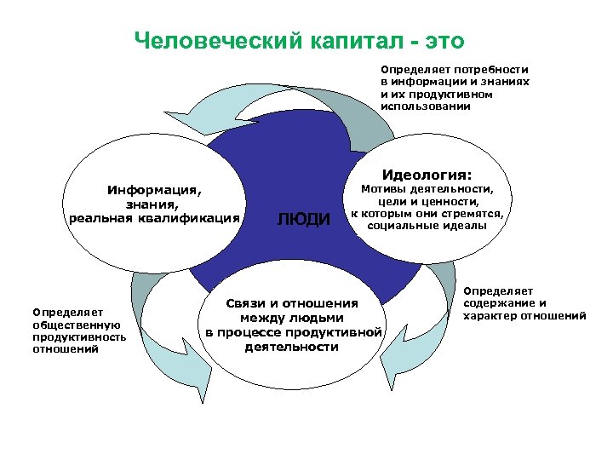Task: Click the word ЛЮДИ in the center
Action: click(x=304, y=220)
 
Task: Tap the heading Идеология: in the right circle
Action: click(x=427, y=175)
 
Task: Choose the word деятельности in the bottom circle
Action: click(x=291, y=347)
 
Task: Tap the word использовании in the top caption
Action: click(x=424, y=108)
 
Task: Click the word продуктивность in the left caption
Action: click(x=77, y=336)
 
